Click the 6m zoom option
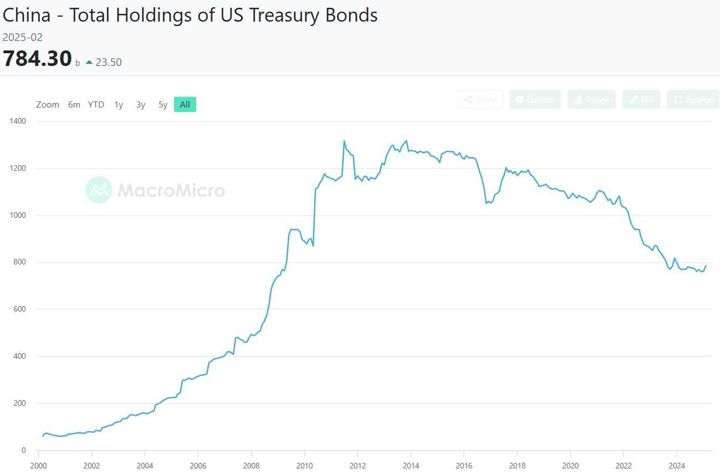point(74,105)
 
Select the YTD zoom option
point(96,105)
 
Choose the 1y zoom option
point(119,105)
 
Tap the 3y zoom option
point(141,105)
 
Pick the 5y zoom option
point(162,105)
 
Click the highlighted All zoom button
point(185,105)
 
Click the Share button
point(480,99)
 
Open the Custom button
point(535,99)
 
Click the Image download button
point(591,99)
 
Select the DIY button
point(641,99)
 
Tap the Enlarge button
point(693,99)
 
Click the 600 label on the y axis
point(21,309)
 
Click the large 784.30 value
point(37,59)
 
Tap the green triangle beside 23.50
point(89,63)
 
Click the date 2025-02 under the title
point(23,38)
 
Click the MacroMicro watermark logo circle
point(99,190)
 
